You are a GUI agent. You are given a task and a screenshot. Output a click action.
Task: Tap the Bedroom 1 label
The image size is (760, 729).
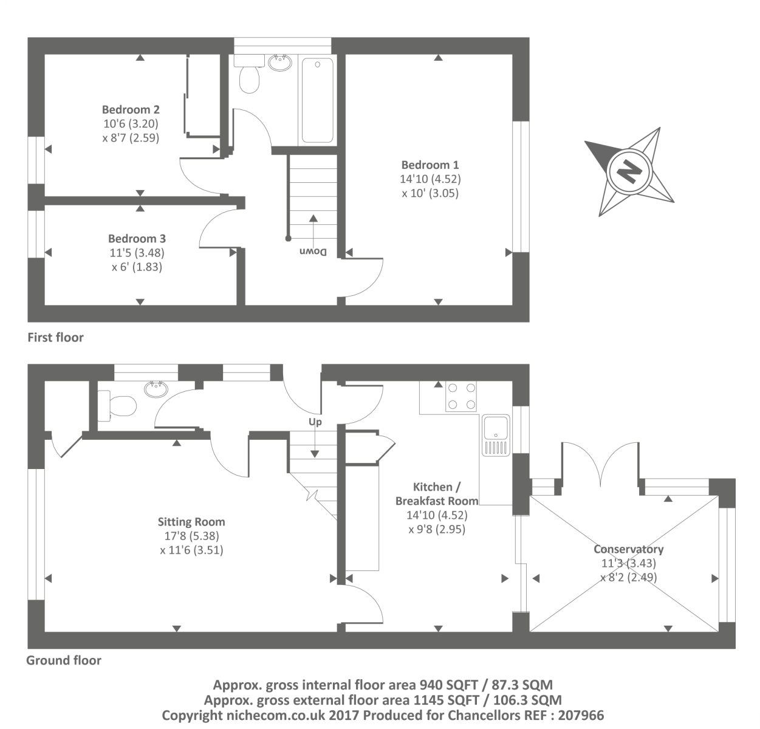[430, 165]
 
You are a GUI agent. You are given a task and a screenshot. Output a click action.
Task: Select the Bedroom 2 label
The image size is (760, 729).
[131, 110]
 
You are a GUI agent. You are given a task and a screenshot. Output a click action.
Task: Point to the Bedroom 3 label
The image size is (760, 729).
[137, 239]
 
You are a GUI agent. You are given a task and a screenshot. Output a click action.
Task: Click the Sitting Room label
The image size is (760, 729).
[191, 522]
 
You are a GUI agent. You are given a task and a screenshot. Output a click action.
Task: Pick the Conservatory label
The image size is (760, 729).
[628, 550]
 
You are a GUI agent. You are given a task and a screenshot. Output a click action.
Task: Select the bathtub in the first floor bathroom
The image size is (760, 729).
[317, 100]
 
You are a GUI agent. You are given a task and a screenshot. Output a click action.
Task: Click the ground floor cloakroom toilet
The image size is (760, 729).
[118, 405]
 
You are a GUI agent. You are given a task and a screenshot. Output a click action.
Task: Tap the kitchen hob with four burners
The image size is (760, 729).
[461, 396]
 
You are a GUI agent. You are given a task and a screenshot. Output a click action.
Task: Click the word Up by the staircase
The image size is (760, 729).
[315, 422]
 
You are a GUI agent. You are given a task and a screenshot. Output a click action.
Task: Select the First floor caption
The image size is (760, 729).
[55, 337]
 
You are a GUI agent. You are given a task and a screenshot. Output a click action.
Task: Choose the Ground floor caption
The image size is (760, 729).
[64, 660]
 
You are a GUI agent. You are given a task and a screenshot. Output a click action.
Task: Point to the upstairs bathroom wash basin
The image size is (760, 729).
[279, 62]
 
